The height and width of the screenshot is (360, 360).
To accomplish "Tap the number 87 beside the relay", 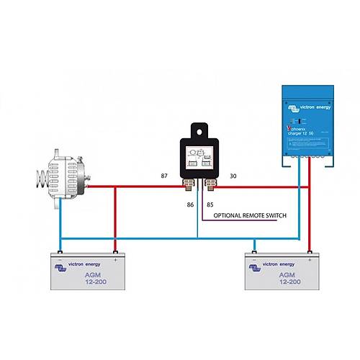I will (165, 176).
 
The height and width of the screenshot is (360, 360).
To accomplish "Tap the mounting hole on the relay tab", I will (197, 130).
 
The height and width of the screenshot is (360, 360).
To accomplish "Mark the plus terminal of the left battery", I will (114, 253).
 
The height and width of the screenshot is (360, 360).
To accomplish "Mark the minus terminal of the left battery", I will (60, 253).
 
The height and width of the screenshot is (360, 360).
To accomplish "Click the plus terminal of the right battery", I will (310, 253).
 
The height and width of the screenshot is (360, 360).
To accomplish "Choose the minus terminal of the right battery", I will (254, 253).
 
